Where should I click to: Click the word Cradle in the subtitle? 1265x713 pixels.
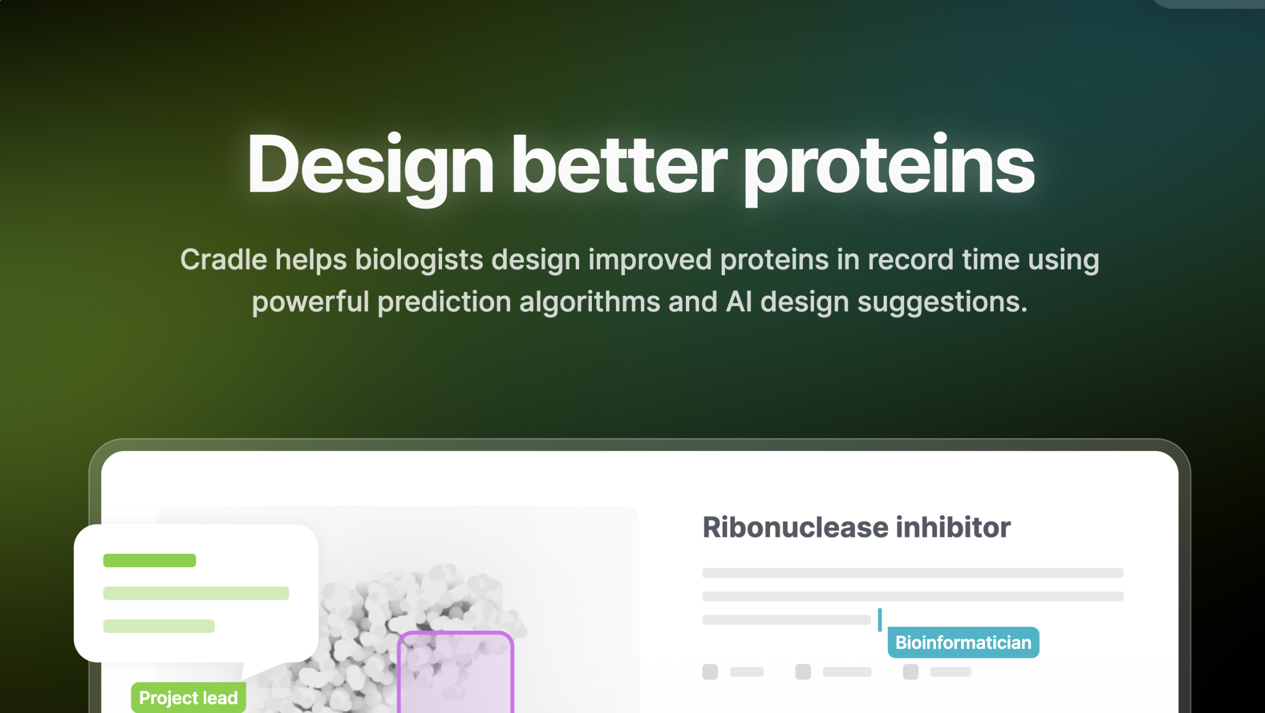coord(224,260)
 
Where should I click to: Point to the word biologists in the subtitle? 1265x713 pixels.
coord(419,260)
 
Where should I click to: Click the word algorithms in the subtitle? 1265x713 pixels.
coord(589,302)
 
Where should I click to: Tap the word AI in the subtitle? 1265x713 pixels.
coord(739,302)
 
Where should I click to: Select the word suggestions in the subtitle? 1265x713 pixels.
coord(941,302)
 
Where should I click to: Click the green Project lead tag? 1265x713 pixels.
coord(188,697)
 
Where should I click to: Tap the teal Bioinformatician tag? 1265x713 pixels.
coord(963,642)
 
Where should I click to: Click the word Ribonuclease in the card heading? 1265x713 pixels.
coord(795,527)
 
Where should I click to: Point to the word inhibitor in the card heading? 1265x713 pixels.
coord(953,527)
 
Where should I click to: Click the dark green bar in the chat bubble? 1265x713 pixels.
coord(149,560)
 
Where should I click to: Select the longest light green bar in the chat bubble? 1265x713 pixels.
coord(196,593)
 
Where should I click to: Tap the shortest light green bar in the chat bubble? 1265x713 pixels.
coord(159,626)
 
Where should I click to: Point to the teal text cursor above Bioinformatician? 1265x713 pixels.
coord(880,620)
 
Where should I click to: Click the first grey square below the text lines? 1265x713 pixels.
coord(710,672)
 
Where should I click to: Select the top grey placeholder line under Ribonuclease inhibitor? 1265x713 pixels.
coord(913,573)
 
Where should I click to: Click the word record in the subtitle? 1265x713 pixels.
coord(910,260)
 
